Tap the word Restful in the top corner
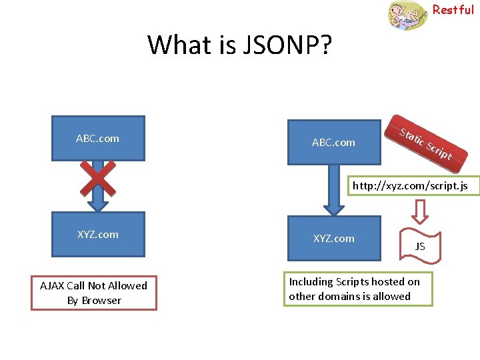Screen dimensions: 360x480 453,9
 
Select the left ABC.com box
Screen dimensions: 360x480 98,138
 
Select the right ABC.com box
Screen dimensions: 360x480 333,142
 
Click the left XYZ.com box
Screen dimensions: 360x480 98,234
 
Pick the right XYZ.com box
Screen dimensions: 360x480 333,238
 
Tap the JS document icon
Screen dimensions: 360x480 420,246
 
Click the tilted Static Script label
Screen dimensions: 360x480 425,143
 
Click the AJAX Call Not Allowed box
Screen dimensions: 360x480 94,293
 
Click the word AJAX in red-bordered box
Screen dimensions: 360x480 52,285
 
